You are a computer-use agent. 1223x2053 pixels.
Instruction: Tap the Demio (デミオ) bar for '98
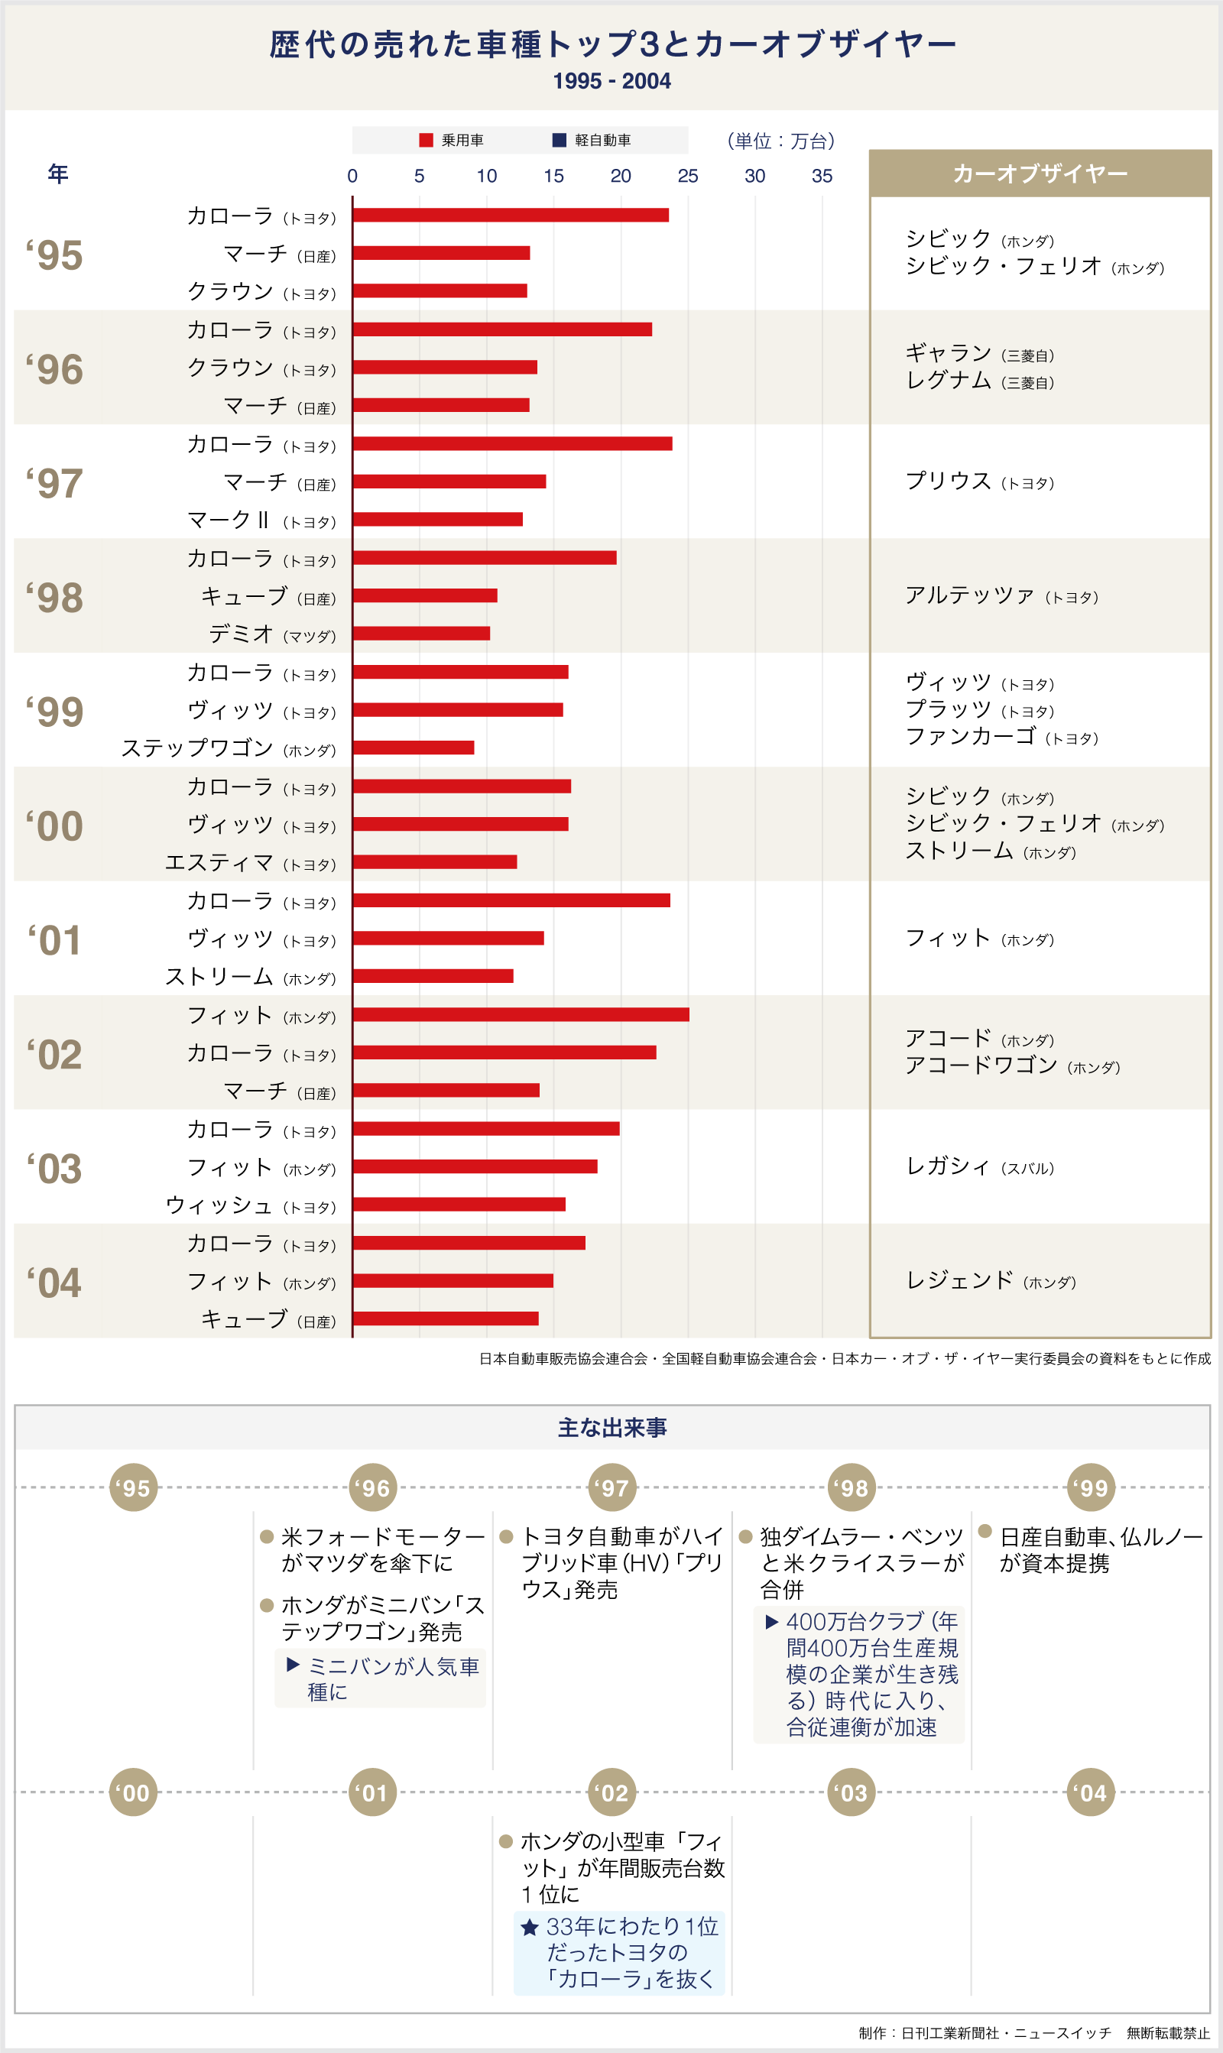tap(421, 634)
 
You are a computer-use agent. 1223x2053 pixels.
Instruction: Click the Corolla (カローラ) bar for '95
tap(511, 215)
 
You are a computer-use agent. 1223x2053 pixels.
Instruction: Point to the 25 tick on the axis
tap(687, 176)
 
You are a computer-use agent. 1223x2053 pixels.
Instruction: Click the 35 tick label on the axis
tap(822, 176)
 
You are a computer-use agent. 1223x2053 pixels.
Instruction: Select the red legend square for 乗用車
tap(426, 140)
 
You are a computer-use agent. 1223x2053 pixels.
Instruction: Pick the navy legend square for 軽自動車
tap(559, 140)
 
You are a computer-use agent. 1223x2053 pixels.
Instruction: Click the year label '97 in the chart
tap(54, 483)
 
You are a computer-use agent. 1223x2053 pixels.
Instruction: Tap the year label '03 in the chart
tap(54, 1168)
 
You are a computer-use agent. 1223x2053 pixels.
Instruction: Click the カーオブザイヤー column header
tap(1040, 174)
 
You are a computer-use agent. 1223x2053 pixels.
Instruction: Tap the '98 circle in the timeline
tap(852, 1488)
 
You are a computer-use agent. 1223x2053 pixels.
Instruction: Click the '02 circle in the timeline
tap(612, 1792)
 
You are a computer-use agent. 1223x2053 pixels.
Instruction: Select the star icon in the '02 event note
tap(530, 1926)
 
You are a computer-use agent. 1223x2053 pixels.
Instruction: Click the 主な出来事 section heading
tap(612, 1428)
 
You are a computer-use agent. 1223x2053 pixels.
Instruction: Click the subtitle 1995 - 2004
tap(611, 81)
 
